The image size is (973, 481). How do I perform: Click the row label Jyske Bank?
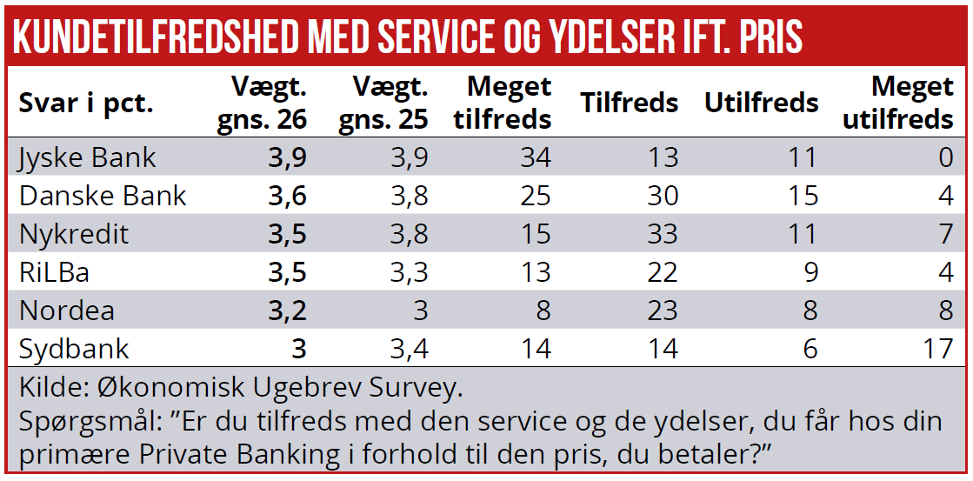coord(88,157)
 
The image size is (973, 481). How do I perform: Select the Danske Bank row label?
coord(103,196)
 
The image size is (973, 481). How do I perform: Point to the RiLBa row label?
coord(55,272)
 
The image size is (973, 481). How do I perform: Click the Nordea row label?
coord(67,311)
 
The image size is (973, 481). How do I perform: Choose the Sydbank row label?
coord(74,349)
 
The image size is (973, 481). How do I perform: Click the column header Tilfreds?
coord(629,103)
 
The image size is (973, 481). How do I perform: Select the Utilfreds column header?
coord(761,103)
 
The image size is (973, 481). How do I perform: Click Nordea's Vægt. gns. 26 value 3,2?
coord(289,311)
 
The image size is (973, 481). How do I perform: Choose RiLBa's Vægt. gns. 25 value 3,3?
coord(410,272)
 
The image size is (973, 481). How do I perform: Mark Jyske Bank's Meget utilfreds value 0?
coord(946,157)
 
